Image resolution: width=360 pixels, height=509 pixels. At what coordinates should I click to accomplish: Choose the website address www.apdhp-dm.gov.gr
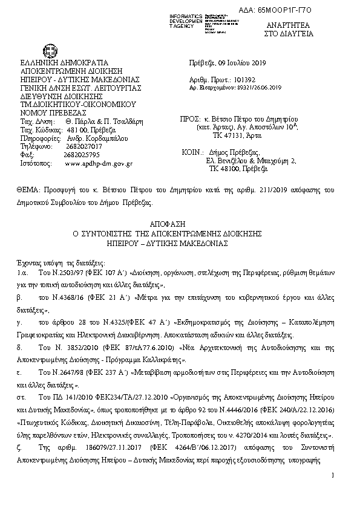click(99, 163)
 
